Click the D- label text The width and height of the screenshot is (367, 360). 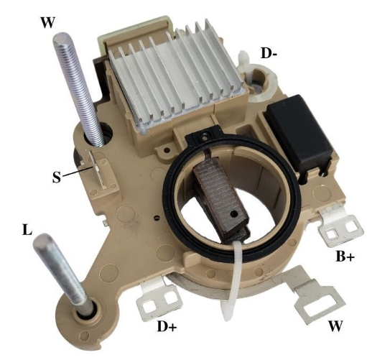pyautogui.click(x=269, y=53)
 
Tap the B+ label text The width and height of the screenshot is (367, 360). pyautogui.click(x=345, y=256)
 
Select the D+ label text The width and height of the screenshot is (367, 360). pyautogui.click(x=167, y=326)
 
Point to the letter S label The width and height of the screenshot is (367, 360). pyautogui.click(x=57, y=177)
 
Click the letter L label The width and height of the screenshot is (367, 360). pyautogui.click(x=27, y=229)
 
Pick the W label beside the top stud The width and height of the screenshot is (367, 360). pyautogui.click(x=48, y=22)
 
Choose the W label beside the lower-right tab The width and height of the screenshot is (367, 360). pyautogui.click(x=335, y=326)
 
